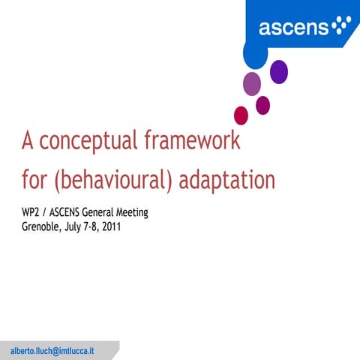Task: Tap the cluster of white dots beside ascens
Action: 341,25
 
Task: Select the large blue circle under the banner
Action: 255,52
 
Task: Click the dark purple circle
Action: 279,71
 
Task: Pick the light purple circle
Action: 252,82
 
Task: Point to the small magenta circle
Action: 262,105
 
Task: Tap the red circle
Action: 241,115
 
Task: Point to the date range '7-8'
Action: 88,225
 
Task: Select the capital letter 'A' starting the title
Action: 28,140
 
